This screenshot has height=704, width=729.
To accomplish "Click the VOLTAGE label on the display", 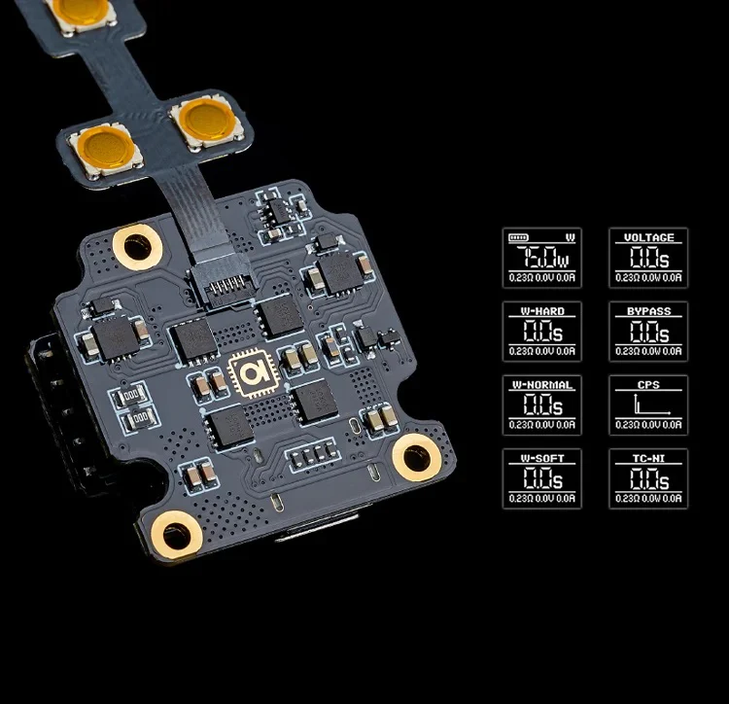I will click(x=648, y=238).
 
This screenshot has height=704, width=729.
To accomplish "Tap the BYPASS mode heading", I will click(x=648, y=311).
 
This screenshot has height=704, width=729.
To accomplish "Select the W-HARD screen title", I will click(x=541, y=311).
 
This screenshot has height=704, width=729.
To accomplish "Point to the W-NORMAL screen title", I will click(x=541, y=385).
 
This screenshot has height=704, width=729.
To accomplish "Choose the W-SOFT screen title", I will click(x=541, y=458).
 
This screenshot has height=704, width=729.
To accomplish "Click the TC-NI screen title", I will click(x=648, y=458).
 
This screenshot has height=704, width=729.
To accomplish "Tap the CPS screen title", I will click(x=648, y=385).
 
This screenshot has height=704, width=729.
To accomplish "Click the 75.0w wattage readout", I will click(x=541, y=259).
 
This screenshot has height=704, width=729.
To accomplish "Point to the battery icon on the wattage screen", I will click(x=519, y=238).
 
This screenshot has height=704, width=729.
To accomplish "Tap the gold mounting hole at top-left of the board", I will click(x=136, y=247).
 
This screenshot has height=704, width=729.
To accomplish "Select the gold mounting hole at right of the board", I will click(x=417, y=457).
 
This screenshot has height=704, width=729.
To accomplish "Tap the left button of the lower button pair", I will click(x=106, y=148).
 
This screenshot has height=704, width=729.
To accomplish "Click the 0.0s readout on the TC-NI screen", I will click(x=648, y=478).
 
